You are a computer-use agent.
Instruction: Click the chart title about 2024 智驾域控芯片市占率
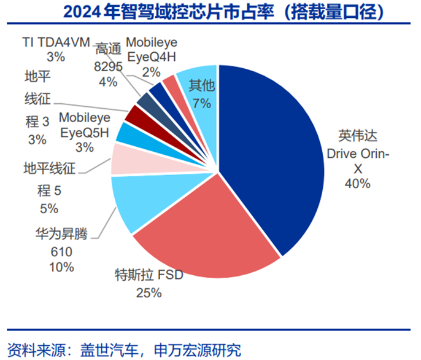pos(210,11)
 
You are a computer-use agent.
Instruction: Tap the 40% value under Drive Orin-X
pos(357,183)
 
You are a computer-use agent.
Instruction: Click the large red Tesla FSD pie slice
pos(203,227)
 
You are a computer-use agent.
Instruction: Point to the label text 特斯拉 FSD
pos(149,275)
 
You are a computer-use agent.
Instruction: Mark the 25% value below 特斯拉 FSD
pos(149,293)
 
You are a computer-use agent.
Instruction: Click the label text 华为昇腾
pos(61,234)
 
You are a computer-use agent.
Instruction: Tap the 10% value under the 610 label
pos(61,267)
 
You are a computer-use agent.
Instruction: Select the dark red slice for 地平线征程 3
pos(135,114)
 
